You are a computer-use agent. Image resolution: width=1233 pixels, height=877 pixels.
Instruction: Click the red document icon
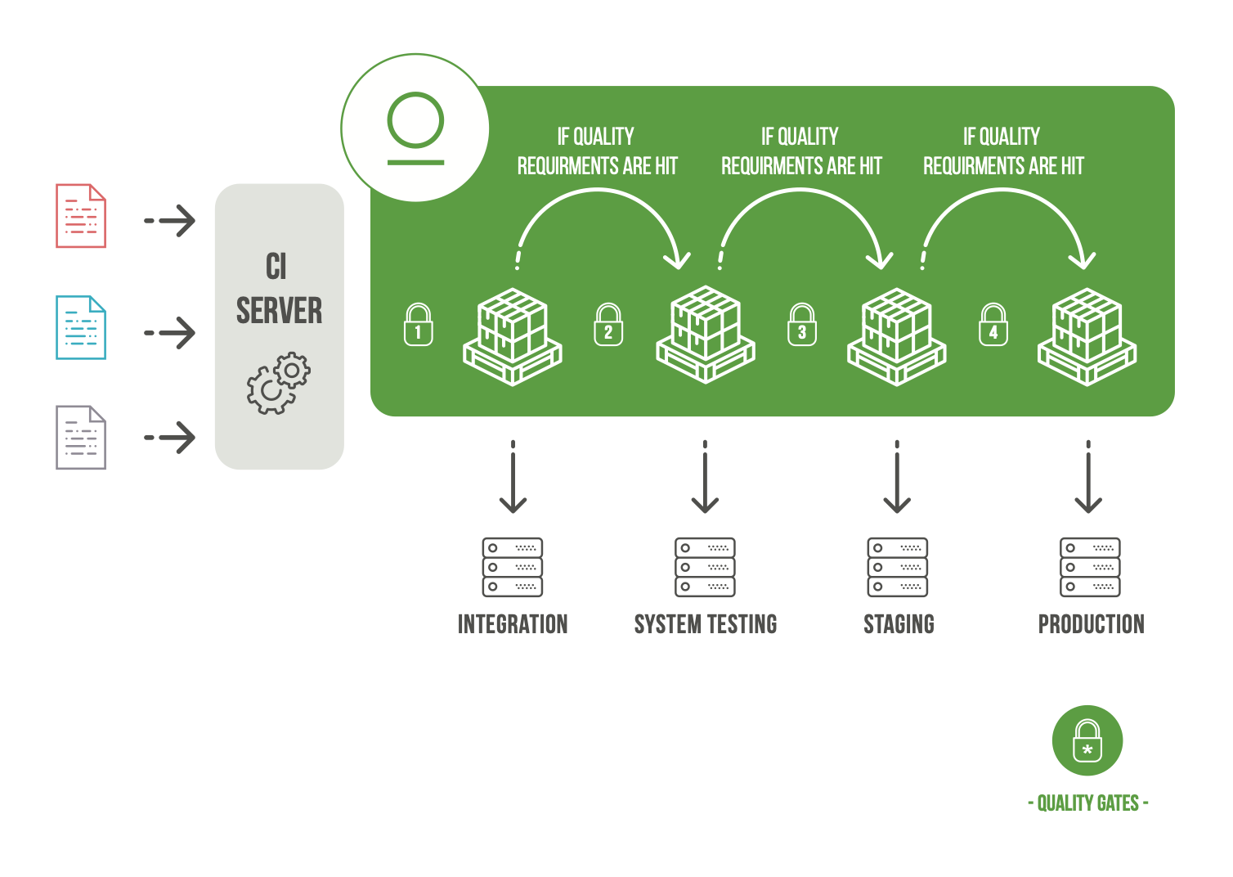click(x=81, y=216)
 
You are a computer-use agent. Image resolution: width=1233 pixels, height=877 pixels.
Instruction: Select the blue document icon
click(x=81, y=327)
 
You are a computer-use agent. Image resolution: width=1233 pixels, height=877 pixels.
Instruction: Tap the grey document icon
click(x=81, y=438)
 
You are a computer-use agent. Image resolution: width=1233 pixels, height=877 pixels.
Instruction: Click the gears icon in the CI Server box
click(x=279, y=383)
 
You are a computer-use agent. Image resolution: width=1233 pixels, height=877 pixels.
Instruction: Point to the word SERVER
click(x=279, y=312)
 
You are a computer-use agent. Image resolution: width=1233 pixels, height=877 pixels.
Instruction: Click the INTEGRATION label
click(x=513, y=624)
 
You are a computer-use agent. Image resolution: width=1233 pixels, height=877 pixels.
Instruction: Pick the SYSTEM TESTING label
click(x=706, y=624)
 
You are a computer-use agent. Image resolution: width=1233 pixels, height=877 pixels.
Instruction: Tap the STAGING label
click(x=899, y=624)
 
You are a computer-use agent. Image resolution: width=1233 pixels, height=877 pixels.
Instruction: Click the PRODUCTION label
click(x=1091, y=624)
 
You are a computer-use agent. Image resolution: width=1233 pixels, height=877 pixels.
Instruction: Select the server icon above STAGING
click(x=898, y=567)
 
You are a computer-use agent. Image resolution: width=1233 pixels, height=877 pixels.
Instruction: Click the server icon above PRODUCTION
click(x=1090, y=567)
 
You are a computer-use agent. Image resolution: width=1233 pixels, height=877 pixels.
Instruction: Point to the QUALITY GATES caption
click(x=1087, y=803)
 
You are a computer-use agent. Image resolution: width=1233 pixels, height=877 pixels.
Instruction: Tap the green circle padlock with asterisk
click(x=1087, y=740)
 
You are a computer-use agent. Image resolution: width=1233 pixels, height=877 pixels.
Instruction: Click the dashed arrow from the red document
click(x=170, y=220)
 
